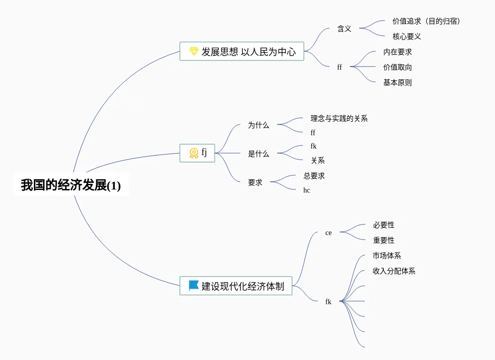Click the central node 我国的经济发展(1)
click(x=71, y=185)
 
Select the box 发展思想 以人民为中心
click(x=242, y=51)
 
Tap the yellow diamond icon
click(x=194, y=51)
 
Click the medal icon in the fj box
click(x=194, y=153)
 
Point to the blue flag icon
click(x=194, y=286)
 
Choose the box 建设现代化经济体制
click(x=236, y=286)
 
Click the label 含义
click(x=344, y=29)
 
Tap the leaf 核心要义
click(x=406, y=36)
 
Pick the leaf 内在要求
click(x=397, y=52)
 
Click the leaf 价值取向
click(x=397, y=67)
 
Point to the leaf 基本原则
click(x=397, y=82)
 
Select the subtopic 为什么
click(x=258, y=125)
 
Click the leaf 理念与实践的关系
click(x=339, y=118)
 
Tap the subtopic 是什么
click(x=258, y=154)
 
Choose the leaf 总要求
click(x=314, y=176)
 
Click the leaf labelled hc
click(x=306, y=190)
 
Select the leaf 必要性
click(x=383, y=225)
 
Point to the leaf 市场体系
click(x=386, y=256)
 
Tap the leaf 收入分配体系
click(x=394, y=271)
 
